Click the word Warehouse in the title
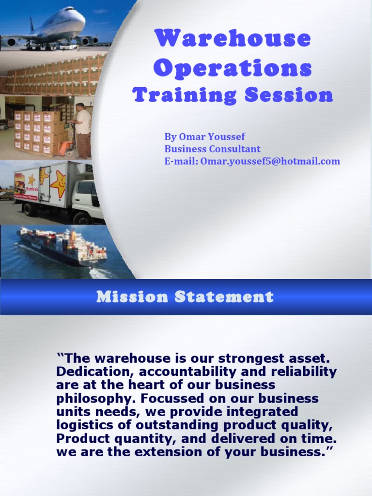tap(232, 39)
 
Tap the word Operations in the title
tap(232, 68)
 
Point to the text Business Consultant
tap(212, 149)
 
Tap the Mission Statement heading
tap(185, 296)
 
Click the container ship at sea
tap(63, 247)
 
